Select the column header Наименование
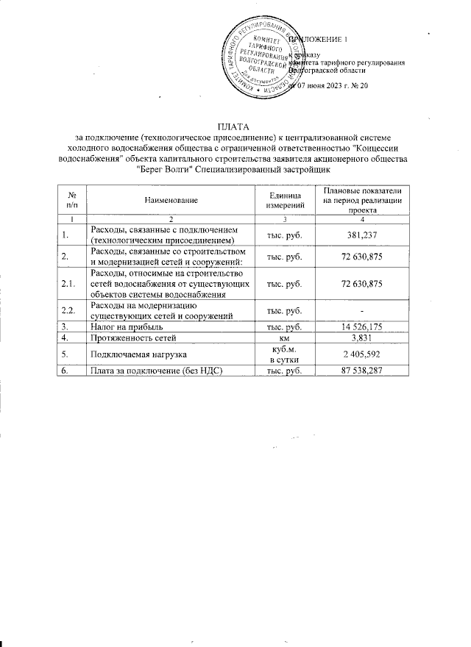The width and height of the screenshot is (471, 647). coord(171,199)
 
